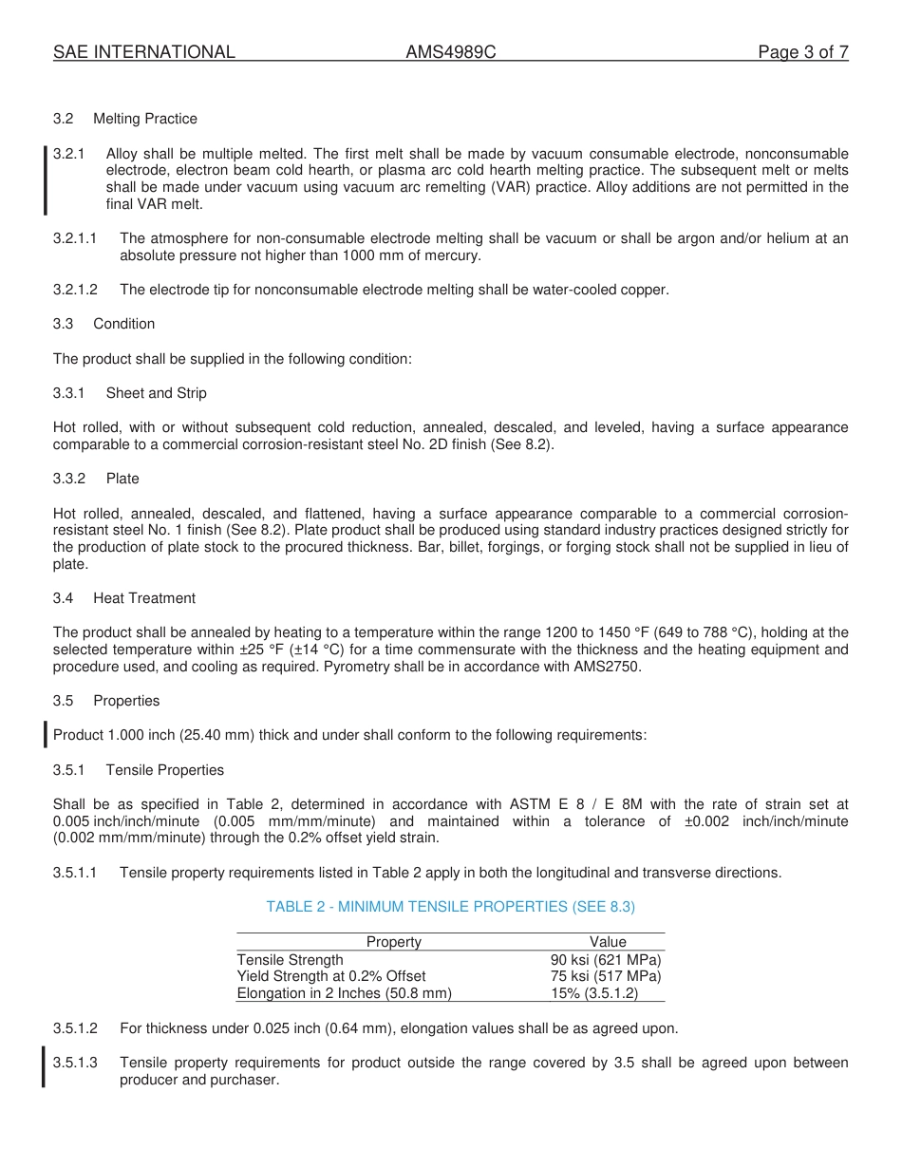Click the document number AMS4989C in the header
(450, 52)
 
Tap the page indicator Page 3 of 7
(802, 52)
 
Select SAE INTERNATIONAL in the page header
(144, 52)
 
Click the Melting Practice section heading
(145, 119)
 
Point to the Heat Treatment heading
(144, 598)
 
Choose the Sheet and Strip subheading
(156, 393)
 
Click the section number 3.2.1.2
(75, 290)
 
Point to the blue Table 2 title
(450, 907)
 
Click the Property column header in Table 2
(393, 942)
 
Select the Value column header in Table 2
(608, 942)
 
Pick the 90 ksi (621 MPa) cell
(606, 960)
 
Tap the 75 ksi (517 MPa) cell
(606, 976)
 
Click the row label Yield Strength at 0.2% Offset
(331, 976)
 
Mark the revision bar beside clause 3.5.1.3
(44, 1065)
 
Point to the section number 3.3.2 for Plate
(69, 479)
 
